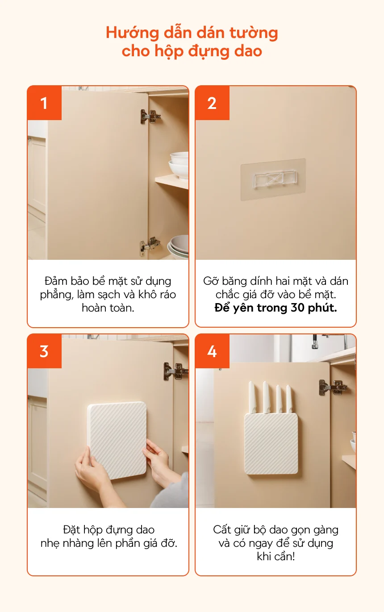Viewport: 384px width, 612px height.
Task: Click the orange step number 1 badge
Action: point(44,103)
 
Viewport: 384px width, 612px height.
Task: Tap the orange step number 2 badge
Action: point(212,103)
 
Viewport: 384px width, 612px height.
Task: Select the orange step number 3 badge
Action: point(44,351)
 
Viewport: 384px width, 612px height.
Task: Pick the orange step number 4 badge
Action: point(212,351)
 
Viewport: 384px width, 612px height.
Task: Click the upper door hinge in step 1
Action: point(150,117)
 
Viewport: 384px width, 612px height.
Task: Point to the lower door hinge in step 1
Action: point(150,246)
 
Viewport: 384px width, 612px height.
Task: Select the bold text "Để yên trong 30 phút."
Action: point(276,308)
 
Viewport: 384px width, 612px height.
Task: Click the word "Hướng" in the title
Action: point(132,33)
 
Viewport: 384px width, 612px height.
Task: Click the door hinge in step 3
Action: point(176,371)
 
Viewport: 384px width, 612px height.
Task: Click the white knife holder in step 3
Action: point(117,441)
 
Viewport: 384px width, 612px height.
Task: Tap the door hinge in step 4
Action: point(333,387)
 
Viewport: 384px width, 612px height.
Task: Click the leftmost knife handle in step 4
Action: point(252,397)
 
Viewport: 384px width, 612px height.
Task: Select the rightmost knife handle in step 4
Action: point(289,399)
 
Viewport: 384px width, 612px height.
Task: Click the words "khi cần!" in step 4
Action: point(276,556)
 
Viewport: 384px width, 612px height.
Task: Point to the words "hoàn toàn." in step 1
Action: point(108,308)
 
